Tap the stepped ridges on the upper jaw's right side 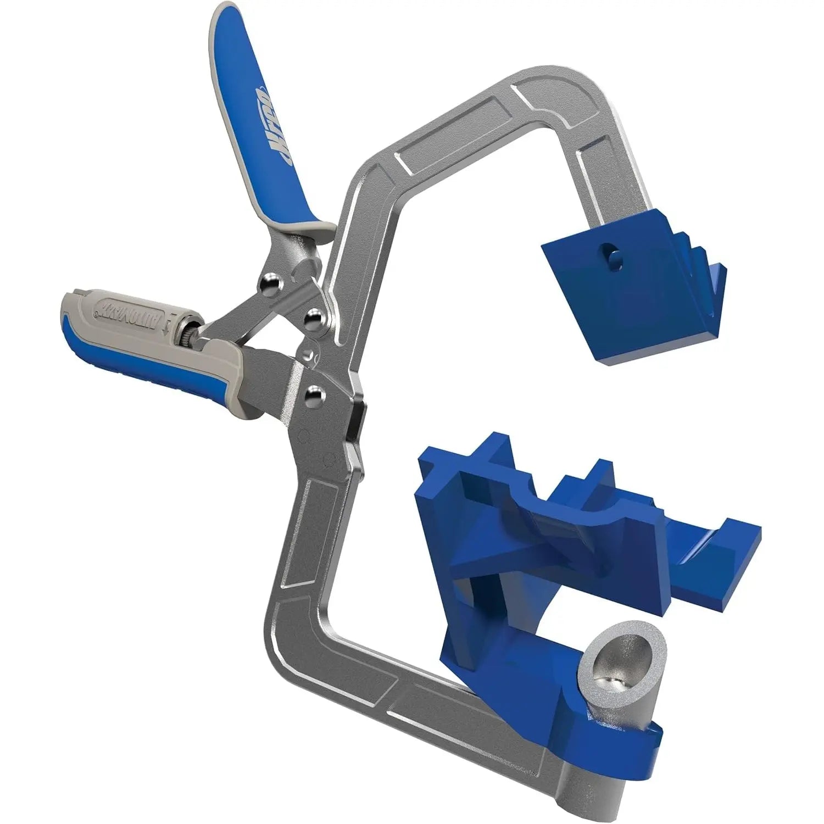click(698, 258)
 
